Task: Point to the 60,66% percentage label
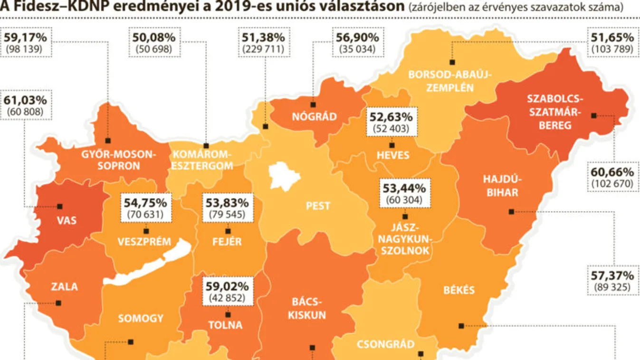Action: pos(612,172)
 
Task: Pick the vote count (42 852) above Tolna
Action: pos(227,298)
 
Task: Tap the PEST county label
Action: pos(318,207)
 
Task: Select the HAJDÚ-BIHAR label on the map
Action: pos(502,186)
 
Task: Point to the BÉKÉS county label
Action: pos(459,290)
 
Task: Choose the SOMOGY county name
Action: pos(141,319)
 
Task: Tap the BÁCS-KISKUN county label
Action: pos(308,308)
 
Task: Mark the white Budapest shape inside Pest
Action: pos(284,176)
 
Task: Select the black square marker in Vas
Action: pos(60,207)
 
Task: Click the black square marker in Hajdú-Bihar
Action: pos(511,212)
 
